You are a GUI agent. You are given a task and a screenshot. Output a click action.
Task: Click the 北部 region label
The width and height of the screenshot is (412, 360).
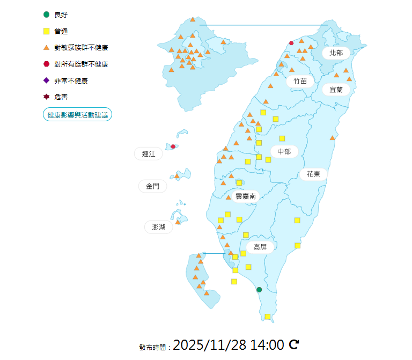[x=336, y=53]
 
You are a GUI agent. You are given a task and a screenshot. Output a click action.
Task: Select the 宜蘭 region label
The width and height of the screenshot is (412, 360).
[x=336, y=90]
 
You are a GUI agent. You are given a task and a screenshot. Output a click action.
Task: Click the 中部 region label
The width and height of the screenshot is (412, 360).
[x=284, y=152]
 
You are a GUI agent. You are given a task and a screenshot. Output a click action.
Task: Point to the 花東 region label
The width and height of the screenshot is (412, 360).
[x=313, y=174]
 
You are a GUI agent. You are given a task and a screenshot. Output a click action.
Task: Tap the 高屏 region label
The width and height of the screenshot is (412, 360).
[x=260, y=247]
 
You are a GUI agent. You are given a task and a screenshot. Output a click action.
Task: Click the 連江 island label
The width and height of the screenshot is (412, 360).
[x=149, y=154]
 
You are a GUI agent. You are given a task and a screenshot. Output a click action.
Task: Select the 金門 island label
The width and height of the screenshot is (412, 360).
[x=152, y=186]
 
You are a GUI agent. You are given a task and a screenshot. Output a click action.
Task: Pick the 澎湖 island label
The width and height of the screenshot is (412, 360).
[x=159, y=227]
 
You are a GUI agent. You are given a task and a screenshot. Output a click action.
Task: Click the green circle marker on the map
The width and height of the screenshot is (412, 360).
[x=259, y=290]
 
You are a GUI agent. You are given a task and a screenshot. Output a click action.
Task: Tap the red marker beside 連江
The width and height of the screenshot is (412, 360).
[x=173, y=146]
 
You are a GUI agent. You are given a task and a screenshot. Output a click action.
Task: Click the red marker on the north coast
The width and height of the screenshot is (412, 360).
[x=291, y=43]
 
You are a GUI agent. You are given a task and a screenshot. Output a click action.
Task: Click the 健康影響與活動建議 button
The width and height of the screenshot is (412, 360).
[x=77, y=115]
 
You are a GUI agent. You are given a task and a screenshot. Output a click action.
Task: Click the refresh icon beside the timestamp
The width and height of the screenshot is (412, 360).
[x=293, y=344]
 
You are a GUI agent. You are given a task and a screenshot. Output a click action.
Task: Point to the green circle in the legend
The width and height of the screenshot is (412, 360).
[x=47, y=14]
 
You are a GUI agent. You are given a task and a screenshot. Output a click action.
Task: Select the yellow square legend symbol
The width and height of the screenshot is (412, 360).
[x=47, y=31]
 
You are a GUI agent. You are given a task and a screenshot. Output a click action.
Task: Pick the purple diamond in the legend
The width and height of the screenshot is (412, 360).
[x=47, y=80]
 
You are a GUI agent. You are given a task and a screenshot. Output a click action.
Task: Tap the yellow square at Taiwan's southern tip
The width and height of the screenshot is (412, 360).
[x=267, y=317]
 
